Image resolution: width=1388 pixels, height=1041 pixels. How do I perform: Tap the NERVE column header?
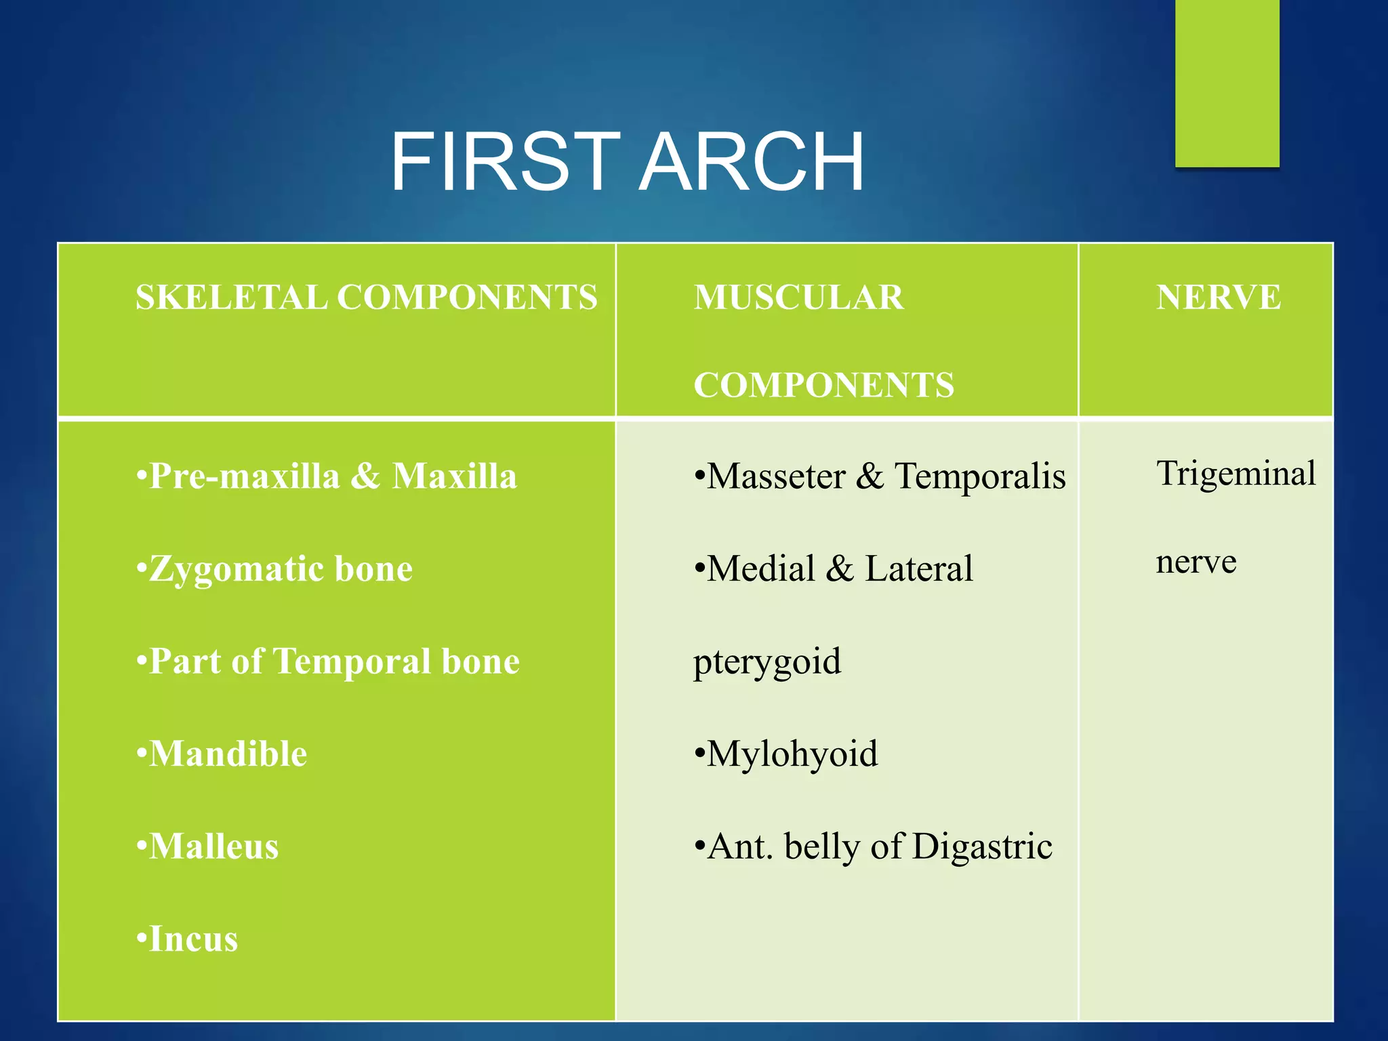click(1218, 298)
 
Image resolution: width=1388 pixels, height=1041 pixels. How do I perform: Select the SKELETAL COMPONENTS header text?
click(366, 298)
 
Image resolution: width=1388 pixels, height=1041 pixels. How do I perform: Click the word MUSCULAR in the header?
click(798, 298)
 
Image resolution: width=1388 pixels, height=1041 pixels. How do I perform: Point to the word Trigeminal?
click(1236, 473)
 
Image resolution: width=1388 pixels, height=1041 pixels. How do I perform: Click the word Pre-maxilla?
click(244, 476)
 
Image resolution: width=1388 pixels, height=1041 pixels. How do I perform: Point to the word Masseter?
click(775, 476)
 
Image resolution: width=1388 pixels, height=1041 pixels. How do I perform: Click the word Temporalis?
click(980, 476)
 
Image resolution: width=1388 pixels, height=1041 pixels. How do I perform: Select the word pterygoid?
click(767, 662)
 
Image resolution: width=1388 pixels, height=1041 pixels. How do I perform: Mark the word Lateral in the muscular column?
click(918, 569)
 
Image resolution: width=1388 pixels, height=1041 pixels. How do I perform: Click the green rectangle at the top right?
click(1227, 81)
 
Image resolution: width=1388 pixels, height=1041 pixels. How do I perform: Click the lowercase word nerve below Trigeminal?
click(1196, 563)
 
